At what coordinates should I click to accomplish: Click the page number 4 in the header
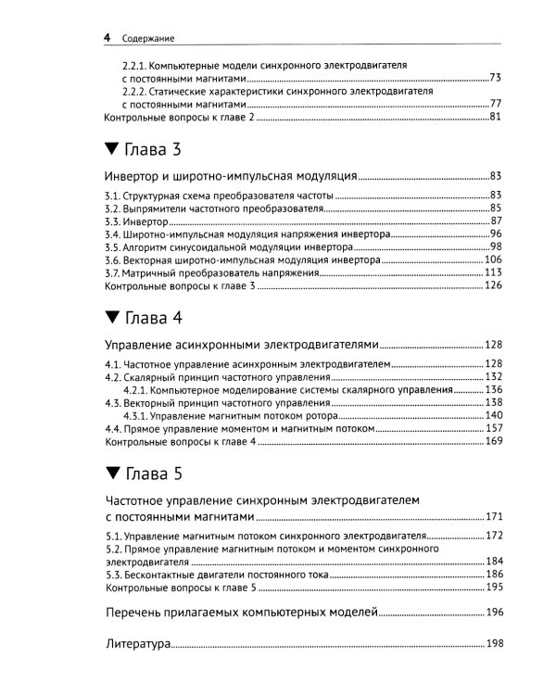107,38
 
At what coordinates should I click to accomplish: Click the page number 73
495,78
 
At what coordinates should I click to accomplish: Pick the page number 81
495,116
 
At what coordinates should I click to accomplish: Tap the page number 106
492,260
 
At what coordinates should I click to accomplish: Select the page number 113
492,273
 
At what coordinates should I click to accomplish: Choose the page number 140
492,416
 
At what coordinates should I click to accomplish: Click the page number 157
492,429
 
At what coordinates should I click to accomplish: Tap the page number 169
492,442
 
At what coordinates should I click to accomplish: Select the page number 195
492,588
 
